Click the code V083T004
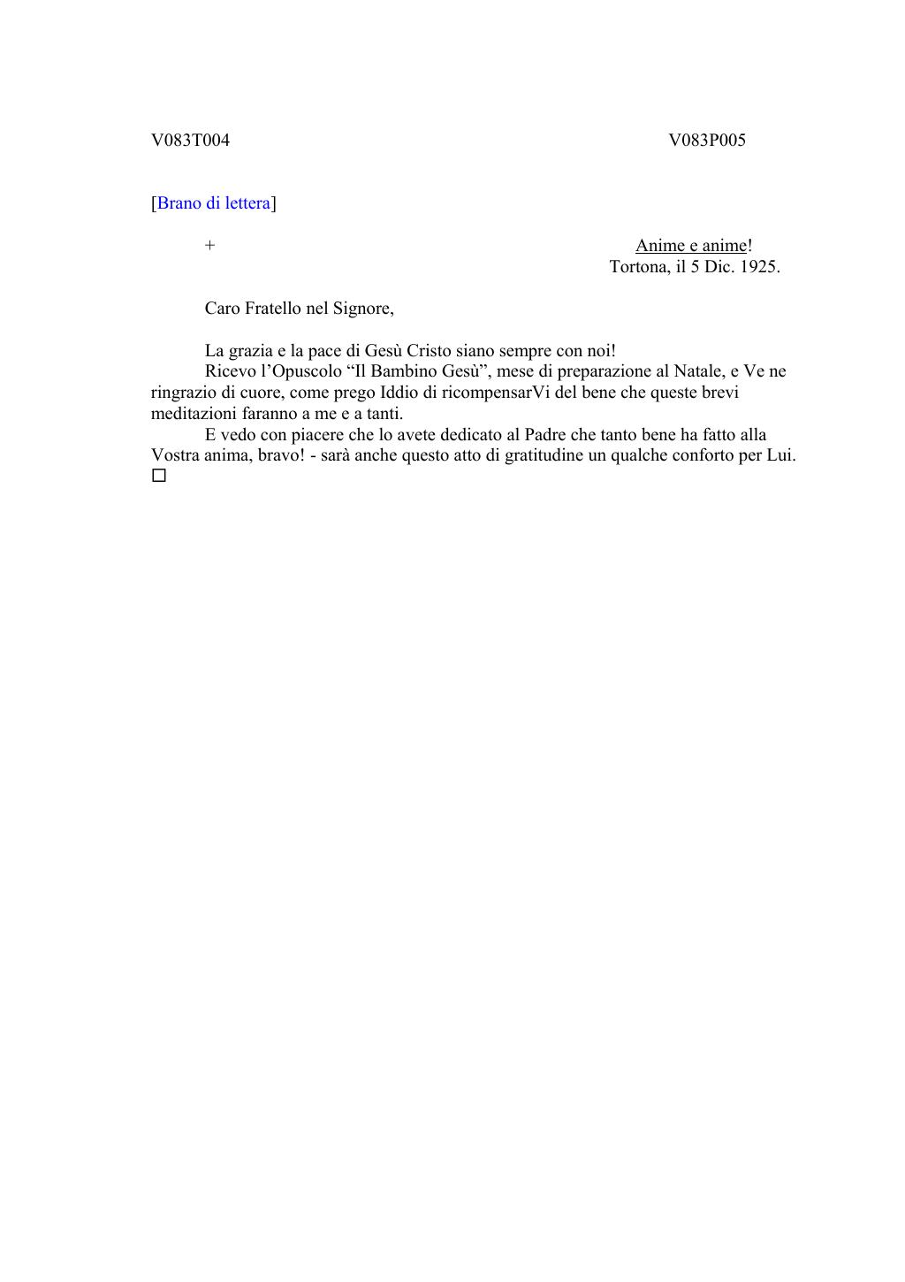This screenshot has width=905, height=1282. click(x=190, y=141)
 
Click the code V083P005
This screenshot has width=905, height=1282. click(x=706, y=141)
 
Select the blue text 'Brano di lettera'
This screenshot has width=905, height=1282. click(x=213, y=203)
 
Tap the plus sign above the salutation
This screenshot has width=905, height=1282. click(x=209, y=246)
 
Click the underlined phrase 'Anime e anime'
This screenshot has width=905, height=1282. click(x=690, y=246)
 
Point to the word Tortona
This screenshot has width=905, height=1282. click(x=639, y=267)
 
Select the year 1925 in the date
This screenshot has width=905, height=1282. click(x=757, y=267)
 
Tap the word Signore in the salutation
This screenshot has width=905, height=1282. click(x=361, y=309)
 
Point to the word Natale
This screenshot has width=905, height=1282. click(x=697, y=371)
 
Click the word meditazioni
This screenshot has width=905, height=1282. click(x=194, y=414)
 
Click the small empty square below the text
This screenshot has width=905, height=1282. click(x=159, y=477)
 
